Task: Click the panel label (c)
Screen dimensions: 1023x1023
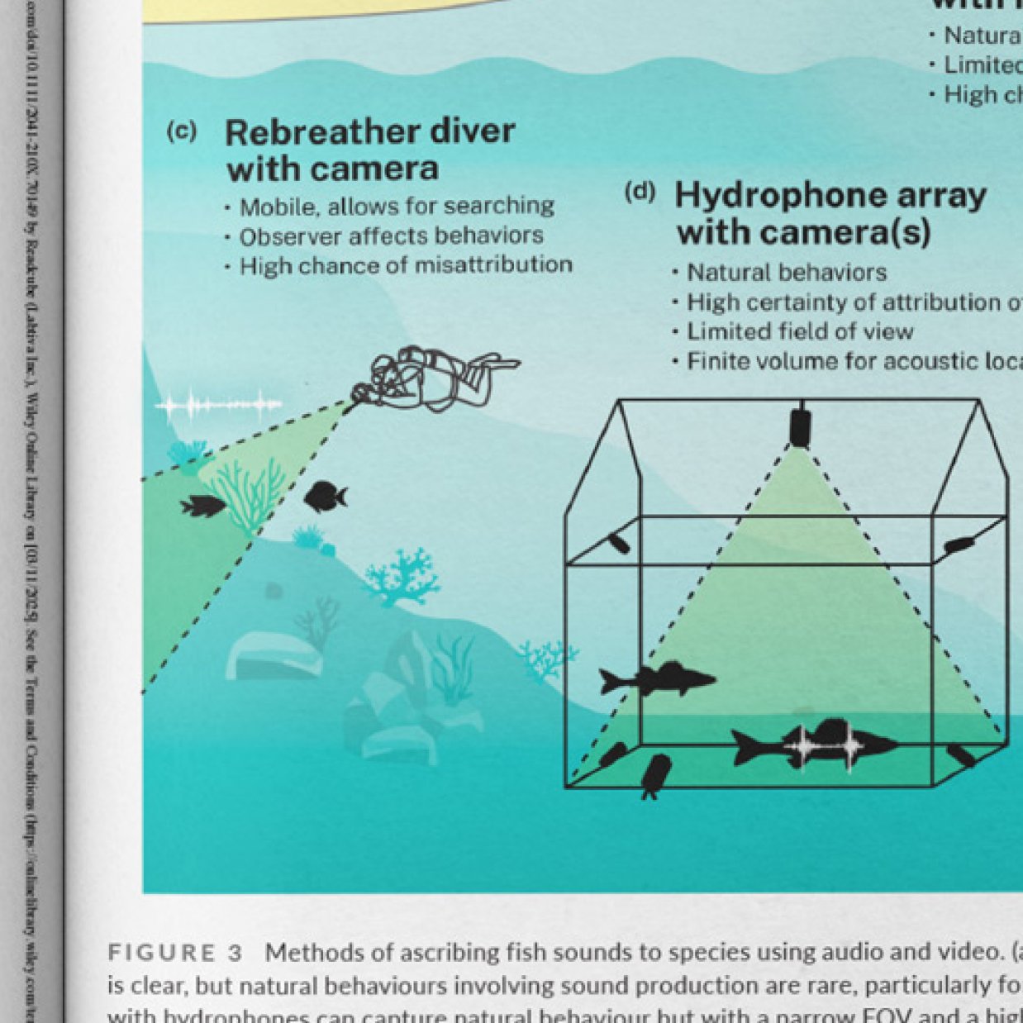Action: coord(181,131)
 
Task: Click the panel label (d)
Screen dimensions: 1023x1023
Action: coord(640,193)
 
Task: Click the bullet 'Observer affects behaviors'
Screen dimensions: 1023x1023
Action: coord(391,236)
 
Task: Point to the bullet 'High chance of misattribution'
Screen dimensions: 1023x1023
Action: coord(405,266)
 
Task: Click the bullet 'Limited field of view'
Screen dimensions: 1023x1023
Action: coord(799,332)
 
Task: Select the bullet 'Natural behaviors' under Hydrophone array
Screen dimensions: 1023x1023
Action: coord(786,273)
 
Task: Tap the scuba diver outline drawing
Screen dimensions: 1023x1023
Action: coord(434,378)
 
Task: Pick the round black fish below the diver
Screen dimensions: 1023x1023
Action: coord(325,497)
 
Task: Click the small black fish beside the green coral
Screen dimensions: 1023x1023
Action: coord(202,506)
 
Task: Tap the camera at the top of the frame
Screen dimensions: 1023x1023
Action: coord(799,425)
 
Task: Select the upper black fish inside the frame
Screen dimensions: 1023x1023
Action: coord(656,679)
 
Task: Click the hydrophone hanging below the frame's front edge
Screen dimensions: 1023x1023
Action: coord(656,775)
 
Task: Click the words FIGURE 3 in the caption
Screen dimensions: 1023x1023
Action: coord(175,953)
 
